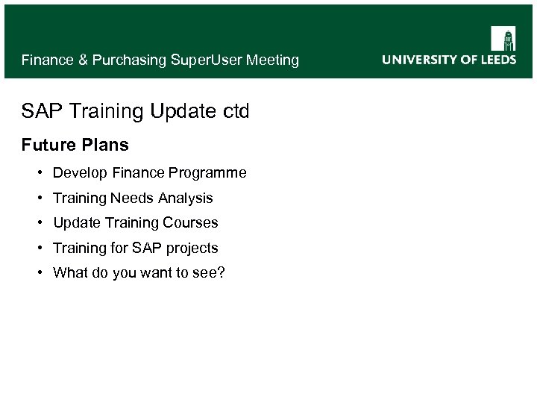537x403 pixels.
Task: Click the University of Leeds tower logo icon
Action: click(x=503, y=38)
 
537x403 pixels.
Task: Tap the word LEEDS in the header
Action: click(x=496, y=60)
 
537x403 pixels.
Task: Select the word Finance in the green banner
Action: click(x=48, y=60)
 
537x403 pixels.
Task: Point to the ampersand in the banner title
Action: click(x=83, y=60)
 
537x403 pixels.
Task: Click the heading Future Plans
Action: click(x=75, y=144)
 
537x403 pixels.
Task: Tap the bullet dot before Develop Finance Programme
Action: click(x=39, y=173)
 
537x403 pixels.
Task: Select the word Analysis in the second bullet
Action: click(x=186, y=198)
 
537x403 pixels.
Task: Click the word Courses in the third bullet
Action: click(x=192, y=222)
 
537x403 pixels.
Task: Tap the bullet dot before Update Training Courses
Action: click(x=39, y=222)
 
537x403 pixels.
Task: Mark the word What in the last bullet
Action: click(x=70, y=272)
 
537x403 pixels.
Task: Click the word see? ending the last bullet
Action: click(x=210, y=272)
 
